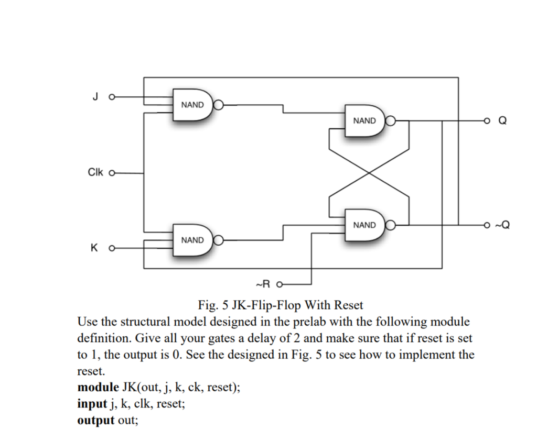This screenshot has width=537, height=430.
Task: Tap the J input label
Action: (94, 97)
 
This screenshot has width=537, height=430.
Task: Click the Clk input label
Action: (95, 172)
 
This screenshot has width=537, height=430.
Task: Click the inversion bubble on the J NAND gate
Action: (219, 105)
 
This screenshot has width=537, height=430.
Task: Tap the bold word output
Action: (96, 420)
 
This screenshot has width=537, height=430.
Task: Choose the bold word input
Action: (92, 404)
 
